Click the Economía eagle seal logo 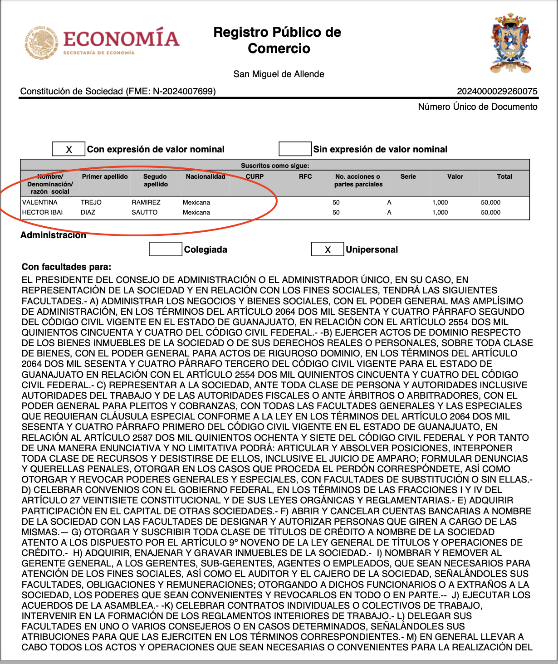(41, 44)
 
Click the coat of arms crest (510, 44)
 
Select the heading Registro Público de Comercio (277, 40)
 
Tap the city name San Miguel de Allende (279, 74)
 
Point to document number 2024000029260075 (497, 91)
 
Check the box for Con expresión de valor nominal (69, 149)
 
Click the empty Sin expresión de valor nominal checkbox (295, 149)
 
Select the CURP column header (255, 176)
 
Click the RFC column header (305, 176)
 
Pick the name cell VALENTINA (40, 202)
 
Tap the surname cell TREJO (91, 202)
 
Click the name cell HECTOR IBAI (43, 212)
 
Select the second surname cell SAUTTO (145, 212)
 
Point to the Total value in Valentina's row (490, 202)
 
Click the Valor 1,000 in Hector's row (440, 212)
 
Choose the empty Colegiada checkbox (166, 249)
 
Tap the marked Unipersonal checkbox (328, 249)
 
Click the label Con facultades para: (66, 267)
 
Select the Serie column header (408, 176)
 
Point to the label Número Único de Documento (477, 107)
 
